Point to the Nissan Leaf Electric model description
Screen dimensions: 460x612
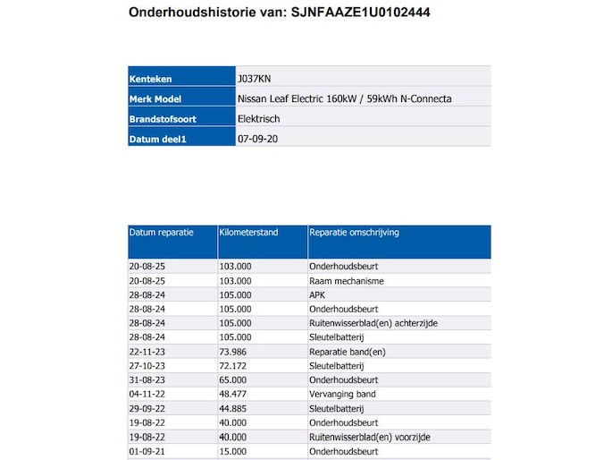pos(344,98)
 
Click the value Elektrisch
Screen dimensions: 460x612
pos(259,119)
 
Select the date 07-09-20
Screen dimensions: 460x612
pos(256,140)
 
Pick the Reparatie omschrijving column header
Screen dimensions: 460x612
pos(354,233)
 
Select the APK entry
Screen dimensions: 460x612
pos(317,295)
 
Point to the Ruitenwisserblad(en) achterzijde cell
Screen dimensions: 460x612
pos(373,323)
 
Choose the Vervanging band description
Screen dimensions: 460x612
pos(342,395)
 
